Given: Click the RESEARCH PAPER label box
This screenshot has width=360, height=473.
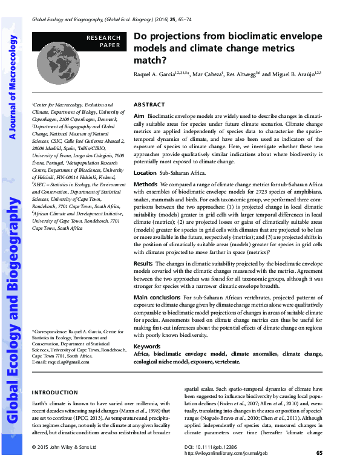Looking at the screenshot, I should [103, 41].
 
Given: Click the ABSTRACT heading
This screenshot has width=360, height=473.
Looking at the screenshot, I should [148, 104].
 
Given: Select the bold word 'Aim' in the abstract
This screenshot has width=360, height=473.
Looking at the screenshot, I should [139, 115].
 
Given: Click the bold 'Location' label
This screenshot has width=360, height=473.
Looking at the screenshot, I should [145, 172].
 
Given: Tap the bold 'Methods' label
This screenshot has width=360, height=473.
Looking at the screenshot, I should [145, 184].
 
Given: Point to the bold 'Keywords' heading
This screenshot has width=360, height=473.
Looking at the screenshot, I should [147, 347].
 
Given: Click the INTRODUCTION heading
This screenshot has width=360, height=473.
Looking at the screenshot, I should [54, 393].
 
